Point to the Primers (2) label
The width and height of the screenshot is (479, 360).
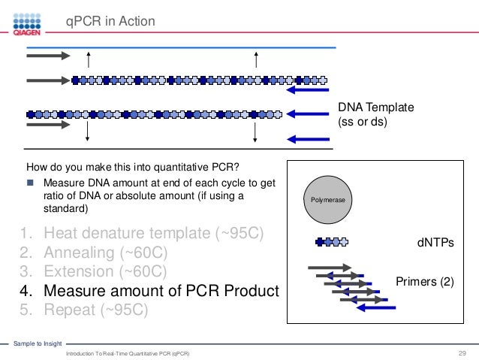click(x=424, y=282)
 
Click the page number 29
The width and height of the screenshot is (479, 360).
click(x=462, y=352)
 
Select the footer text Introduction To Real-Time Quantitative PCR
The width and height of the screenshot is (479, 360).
click(x=128, y=353)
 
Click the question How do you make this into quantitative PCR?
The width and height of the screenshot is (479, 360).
click(x=137, y=167)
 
